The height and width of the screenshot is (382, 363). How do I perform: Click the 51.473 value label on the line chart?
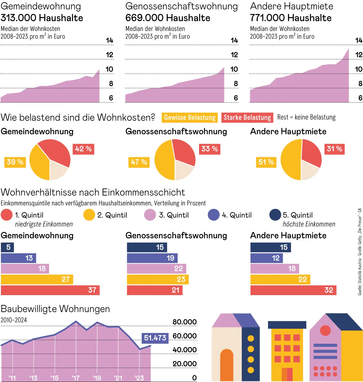(155, 338)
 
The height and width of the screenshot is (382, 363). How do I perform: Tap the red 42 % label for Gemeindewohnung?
(83, 149)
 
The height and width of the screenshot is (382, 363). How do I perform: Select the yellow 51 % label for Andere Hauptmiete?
(266, 162)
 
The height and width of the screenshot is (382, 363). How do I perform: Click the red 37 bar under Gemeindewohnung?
(50, 290)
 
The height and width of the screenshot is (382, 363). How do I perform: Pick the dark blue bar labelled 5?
(7, 247)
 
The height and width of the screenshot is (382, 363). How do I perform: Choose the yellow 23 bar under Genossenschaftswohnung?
(158, 279)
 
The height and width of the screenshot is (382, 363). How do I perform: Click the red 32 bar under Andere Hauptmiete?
(293, 290)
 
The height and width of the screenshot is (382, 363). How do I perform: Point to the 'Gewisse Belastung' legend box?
(190, 117)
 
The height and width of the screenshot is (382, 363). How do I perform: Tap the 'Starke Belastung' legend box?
(247, 117)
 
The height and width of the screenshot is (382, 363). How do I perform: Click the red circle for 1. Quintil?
(7, 215)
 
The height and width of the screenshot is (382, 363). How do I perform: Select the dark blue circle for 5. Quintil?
(275, 215)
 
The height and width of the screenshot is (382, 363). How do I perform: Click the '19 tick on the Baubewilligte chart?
(97, 378)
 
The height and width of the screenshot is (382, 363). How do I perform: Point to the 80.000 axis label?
(185, 322)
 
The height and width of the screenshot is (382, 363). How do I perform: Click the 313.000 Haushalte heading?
(42, 18)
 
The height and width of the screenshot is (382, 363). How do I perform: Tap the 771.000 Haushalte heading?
(291, 18)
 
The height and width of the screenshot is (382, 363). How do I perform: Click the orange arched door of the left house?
(227, 365)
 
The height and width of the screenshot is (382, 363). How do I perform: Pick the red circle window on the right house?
(325, 330)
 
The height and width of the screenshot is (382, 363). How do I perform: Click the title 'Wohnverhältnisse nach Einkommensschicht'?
(93, 192)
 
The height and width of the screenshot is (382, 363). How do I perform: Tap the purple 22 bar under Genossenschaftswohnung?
(156, 268)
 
